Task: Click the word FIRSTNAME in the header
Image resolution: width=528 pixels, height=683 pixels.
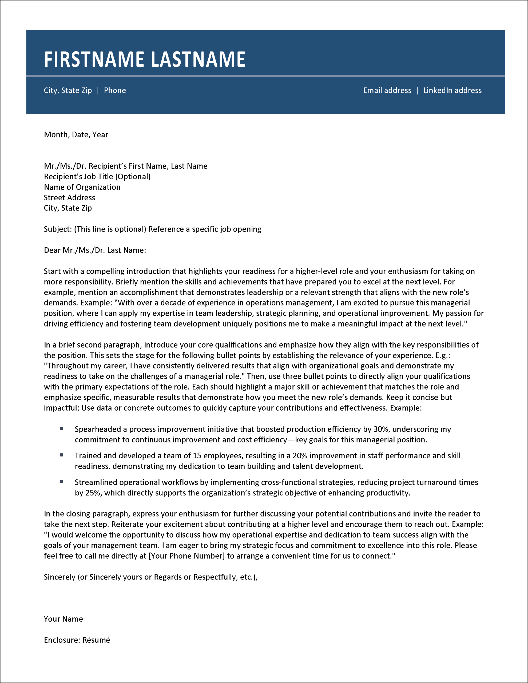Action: point(94,59)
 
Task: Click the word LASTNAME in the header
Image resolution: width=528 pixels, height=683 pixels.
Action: point(198,59)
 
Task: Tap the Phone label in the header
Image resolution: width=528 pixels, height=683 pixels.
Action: point(115,90)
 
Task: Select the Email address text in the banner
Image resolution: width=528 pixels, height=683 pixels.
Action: point(387,90)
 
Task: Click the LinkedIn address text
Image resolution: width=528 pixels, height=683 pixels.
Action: point(452,90)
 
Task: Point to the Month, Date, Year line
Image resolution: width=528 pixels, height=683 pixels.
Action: point(76,134)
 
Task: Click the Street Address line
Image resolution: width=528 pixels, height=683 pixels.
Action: point(69,198)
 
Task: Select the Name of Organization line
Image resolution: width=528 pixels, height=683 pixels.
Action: point(82,187)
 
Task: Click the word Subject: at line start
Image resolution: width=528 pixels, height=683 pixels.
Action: point(58,229)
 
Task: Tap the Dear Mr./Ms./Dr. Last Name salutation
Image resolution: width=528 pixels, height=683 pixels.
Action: point(95,250)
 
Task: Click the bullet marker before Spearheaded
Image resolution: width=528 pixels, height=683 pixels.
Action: point(62,428)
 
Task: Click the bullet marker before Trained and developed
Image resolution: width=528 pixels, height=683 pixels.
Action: point(62,455)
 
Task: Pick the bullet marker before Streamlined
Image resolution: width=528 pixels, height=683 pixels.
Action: point(62,482)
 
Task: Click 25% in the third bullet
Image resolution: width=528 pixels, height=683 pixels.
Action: point(93,493)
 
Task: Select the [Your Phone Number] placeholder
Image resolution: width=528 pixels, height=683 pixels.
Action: point(186,556)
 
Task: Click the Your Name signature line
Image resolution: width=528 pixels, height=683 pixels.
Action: point(63,619)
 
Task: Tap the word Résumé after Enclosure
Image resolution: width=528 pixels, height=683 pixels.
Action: point(96,640)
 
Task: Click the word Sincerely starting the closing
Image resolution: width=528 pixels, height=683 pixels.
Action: point(59,577)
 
